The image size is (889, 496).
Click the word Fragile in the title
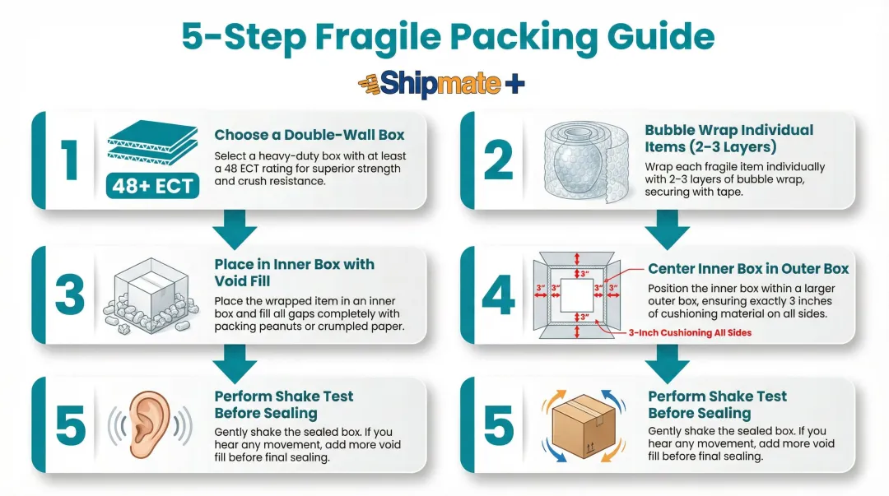393,37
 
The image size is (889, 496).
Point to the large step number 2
499,160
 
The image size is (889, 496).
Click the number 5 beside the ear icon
69,425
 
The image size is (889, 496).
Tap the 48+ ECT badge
152,186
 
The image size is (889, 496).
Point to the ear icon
149,424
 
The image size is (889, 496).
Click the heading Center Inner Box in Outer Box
748,269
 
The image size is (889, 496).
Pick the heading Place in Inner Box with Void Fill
294,272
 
